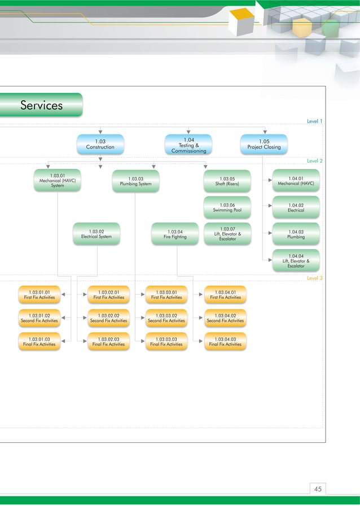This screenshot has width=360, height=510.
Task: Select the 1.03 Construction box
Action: (100, 144)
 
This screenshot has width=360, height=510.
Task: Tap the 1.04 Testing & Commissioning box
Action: (188, 145)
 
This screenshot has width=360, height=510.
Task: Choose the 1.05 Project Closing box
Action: (264, 144)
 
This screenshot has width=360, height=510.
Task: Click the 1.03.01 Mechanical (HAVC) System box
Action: (57, 180)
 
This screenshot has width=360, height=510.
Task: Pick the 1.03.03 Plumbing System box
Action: (135, 181)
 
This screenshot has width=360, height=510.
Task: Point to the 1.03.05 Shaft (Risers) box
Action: (227, 181)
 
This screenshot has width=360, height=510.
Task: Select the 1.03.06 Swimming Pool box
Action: (227, 207)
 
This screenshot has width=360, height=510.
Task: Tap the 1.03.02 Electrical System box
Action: (96, 234)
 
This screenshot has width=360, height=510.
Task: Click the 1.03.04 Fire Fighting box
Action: (175, 234)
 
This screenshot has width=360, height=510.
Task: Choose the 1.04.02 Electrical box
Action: (296, 207)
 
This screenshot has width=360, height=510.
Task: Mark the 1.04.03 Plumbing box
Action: (296, 234)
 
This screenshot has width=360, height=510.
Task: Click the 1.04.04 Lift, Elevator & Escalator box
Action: (296, 260)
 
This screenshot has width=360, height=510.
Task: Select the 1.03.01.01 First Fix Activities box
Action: (39, 295)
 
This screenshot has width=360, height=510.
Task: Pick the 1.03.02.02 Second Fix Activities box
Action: (108, 318)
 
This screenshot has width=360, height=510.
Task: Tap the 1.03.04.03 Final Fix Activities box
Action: (225, 341)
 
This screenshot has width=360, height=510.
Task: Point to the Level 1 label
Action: (314, 121)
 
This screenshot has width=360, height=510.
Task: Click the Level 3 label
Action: (314, 278)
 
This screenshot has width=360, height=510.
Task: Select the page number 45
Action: (318, 489)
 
